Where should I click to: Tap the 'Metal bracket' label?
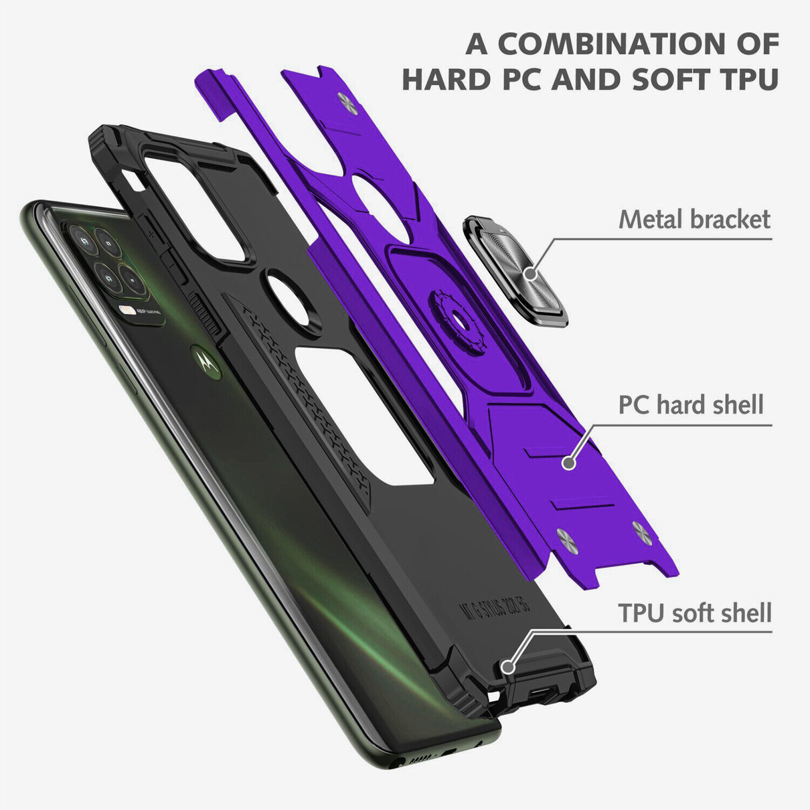click(x=694, y=219)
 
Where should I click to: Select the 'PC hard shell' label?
click(x=691, y=405)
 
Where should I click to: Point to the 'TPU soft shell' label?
click(x=695, y=613)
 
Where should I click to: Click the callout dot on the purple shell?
click(x=568, y=462)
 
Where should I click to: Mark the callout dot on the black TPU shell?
click(x=507, y=666)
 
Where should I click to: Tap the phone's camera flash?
click(x=129, y=310)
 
